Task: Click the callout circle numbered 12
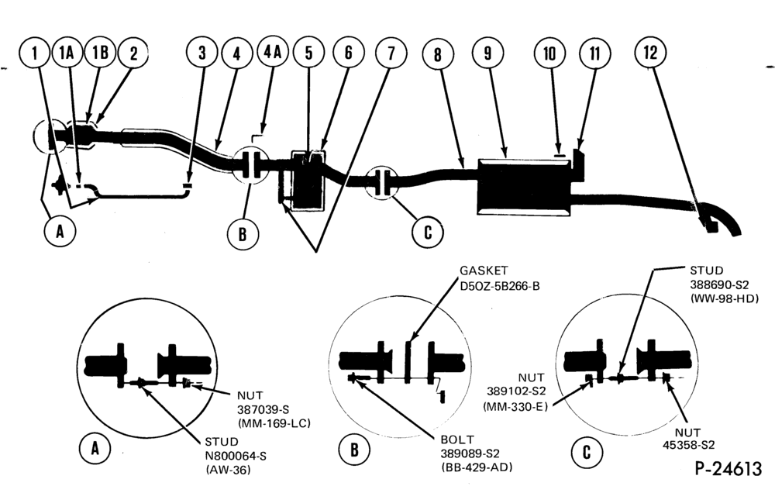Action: point(651,51)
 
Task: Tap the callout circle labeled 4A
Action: point(273,51)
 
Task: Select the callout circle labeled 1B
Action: point(100,52)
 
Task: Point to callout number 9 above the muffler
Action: point(487,53)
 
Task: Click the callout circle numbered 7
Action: point(391,53)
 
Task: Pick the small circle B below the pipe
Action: point(243,233)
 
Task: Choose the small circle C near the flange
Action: point(428,232)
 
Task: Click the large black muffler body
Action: point(524,187)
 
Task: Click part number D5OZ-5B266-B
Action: point(500,286)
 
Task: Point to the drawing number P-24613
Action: point(728,467)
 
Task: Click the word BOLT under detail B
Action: point(457,439)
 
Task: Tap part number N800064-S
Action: point(236,456)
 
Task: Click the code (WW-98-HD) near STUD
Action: point(724,298)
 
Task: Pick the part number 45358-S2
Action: point(688,444)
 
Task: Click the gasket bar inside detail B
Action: point(408,361)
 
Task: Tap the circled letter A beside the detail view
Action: point(95,449)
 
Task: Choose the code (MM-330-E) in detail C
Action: point(515,407)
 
